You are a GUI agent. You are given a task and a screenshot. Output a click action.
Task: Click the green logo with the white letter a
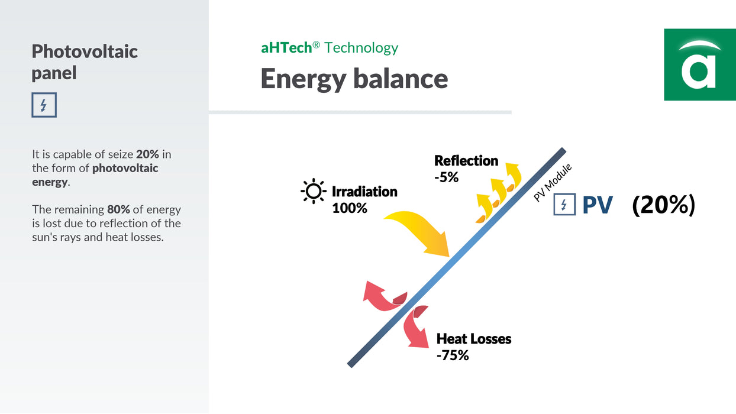(x=699, y=64)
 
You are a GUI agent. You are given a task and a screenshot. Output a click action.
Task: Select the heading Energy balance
(x=354, y=79)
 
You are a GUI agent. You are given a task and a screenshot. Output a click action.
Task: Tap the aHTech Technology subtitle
(x=330, y=47)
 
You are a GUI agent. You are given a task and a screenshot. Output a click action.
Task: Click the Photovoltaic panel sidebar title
(x=85, y=62)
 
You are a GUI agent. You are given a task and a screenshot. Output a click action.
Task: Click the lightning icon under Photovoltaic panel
(x=44, y=105)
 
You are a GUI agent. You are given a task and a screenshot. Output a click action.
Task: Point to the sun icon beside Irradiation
(x=313, y=191)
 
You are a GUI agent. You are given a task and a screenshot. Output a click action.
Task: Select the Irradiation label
(x=364, y=192)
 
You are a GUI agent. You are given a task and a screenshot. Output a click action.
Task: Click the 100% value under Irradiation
(x=350, y=208)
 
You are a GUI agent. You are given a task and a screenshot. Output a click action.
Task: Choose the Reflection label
(x=466, y=160)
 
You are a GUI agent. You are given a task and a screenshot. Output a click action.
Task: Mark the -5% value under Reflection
(x=447, y=176)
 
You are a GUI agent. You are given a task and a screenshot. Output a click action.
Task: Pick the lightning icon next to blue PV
(x=564, y=205)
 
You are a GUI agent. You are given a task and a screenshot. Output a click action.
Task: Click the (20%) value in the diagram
(x=663, y=205)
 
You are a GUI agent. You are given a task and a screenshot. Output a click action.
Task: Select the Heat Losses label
(x=474, y=339)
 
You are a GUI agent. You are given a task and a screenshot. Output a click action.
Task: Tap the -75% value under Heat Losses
(x=453, y=355)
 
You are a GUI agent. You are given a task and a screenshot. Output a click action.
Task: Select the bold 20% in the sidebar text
(x=147, y=154)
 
